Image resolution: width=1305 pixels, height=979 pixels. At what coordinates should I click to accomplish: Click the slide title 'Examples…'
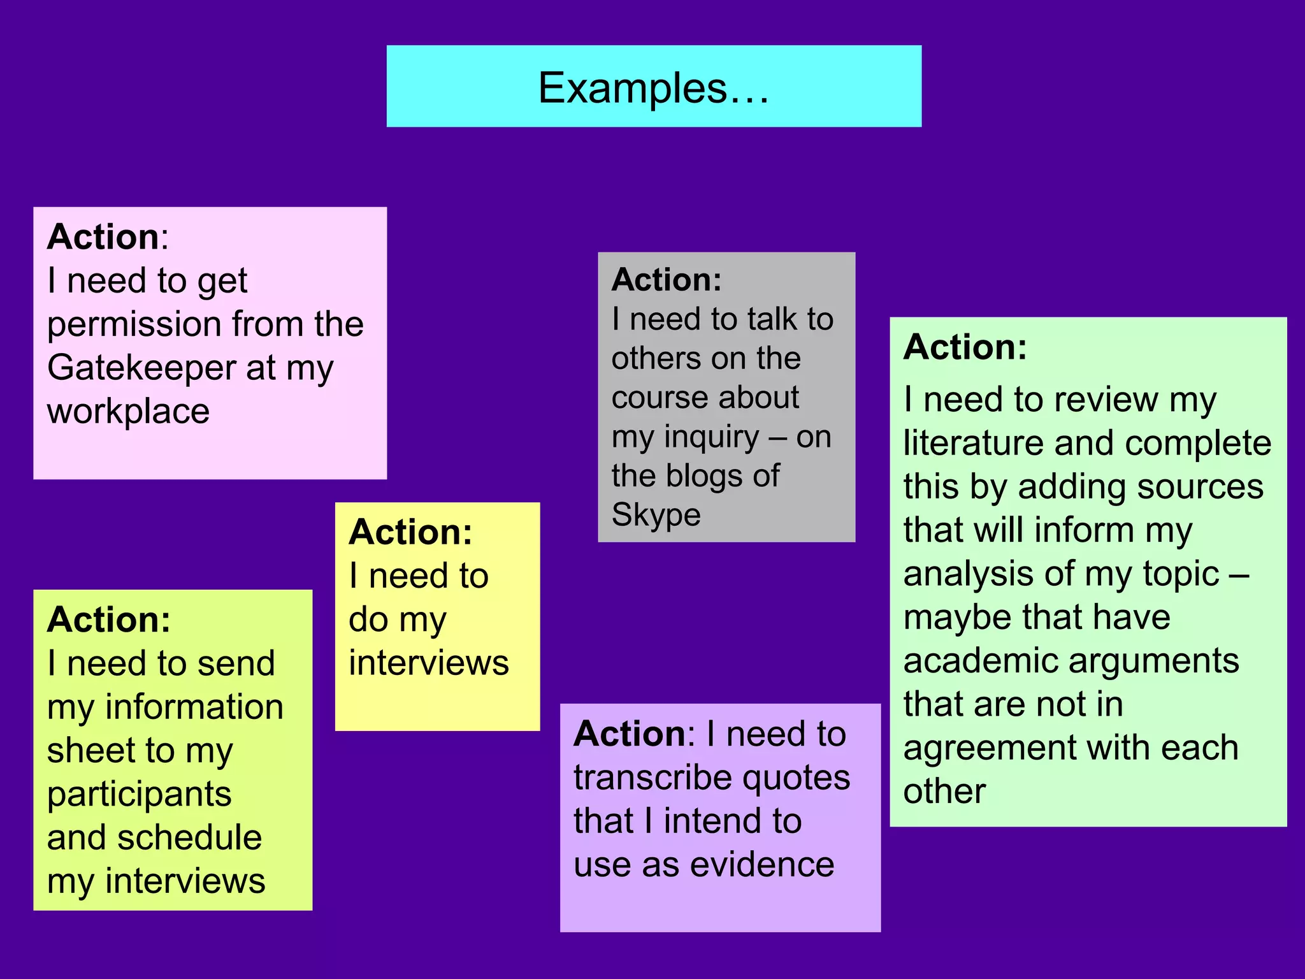point(654,88)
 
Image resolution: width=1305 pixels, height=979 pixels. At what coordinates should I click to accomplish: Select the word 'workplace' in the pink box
point(128,411)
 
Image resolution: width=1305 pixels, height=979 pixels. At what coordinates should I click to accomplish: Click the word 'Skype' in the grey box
point(656,516)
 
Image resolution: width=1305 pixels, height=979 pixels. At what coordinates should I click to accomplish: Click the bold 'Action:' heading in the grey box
point(667,280)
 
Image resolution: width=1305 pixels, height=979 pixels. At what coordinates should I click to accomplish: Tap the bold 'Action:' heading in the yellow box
point(410,532)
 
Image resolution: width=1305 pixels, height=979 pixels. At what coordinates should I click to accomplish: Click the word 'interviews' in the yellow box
point(429,663)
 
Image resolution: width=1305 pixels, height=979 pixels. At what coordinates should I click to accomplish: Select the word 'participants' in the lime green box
point(139,795)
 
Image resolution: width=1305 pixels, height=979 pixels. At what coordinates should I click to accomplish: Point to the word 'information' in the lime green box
point(194,707)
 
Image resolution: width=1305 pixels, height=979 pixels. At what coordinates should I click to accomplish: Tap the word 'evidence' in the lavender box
point(762,865)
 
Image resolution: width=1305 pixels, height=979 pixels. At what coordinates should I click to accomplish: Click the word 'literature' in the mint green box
point(972,443)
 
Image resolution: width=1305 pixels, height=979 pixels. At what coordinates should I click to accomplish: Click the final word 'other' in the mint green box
point(944,791)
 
